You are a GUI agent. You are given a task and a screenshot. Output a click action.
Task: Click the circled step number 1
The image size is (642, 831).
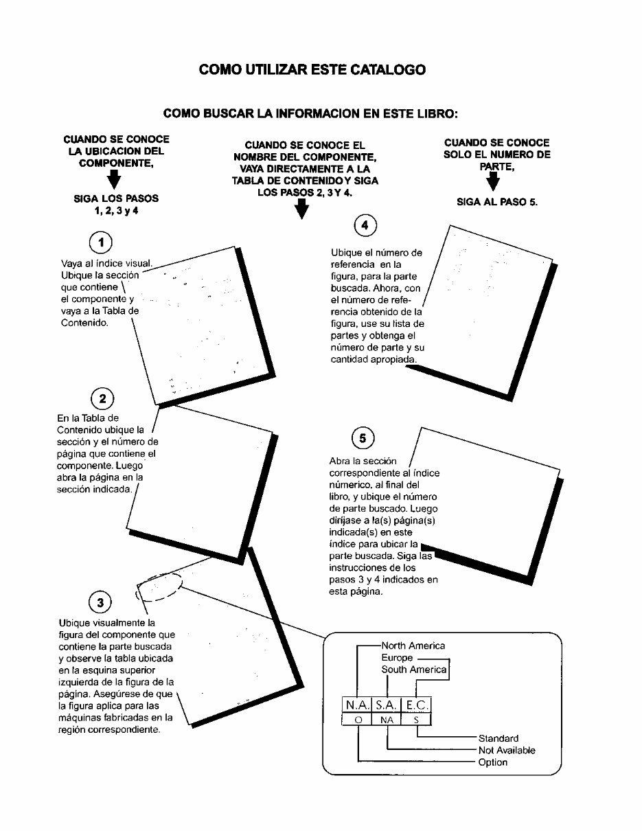click(102, 242)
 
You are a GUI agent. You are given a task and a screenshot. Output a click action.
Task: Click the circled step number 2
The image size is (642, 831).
click(102, 399)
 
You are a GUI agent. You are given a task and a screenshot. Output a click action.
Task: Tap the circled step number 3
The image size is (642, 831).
click(100, 603)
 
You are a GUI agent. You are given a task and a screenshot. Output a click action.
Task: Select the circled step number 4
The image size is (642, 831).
click(364, 225)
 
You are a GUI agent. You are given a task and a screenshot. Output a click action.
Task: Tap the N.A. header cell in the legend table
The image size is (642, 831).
click(356, 705)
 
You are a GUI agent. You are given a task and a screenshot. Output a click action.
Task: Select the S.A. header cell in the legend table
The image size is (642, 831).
click(387, 705)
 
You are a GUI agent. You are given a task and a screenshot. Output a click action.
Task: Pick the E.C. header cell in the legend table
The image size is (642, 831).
click(417, 705)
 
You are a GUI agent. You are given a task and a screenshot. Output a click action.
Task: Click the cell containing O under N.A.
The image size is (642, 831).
click(356, 720)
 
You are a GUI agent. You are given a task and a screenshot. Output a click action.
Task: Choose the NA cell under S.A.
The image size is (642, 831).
click(387, 720)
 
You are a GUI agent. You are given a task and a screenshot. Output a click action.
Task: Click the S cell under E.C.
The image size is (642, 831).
click(417, 720)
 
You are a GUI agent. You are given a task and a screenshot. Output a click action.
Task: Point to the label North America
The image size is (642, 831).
click(413, 646)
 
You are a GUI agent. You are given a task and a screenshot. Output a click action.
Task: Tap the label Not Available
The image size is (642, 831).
click(506, 751)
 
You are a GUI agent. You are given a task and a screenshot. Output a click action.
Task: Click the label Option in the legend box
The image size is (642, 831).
click(492, 762)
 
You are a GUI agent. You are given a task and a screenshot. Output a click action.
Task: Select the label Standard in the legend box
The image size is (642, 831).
click(498, 738)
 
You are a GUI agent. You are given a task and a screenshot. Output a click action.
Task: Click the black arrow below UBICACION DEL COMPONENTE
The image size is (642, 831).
click(114, 181)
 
